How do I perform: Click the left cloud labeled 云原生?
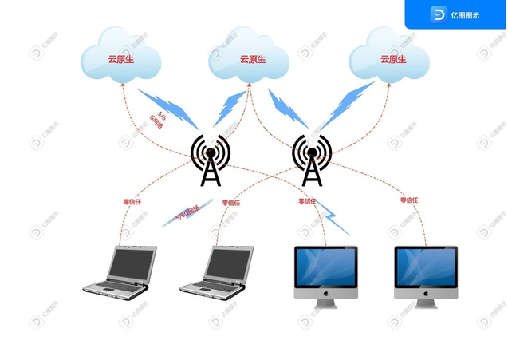coord(121,58)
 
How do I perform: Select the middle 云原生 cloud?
coord(249,58)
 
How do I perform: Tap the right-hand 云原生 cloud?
coord(389,58)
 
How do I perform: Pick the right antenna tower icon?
coord(311,159)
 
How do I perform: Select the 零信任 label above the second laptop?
coord(231,202)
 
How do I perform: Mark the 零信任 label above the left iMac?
coord(308,201)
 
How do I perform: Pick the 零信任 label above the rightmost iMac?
coord(409,200)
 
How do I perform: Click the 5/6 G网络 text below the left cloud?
coord(159,120)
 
